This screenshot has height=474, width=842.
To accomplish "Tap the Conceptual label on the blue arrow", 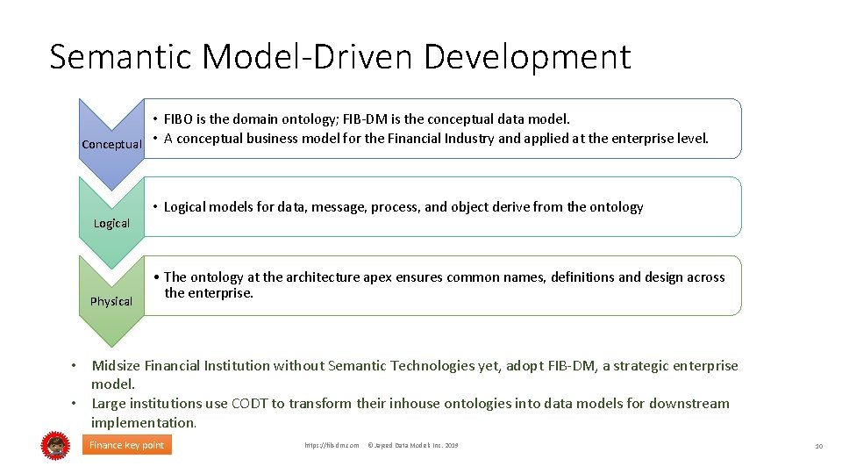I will coord(111,144).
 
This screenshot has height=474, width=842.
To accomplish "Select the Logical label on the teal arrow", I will coord(111,223).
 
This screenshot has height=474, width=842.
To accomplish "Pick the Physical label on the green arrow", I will coord(111,301).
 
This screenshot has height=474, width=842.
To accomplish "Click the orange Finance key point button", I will coord(127,445).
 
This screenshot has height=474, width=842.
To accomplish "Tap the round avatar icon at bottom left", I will coord(54,446).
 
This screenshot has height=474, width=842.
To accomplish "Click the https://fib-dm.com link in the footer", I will coord(332,446).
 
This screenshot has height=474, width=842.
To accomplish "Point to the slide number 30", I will coord(817,447).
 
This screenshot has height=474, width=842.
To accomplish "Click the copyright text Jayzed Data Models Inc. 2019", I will coord(412,446).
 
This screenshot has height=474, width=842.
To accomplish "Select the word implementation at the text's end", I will coord(143,422).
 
